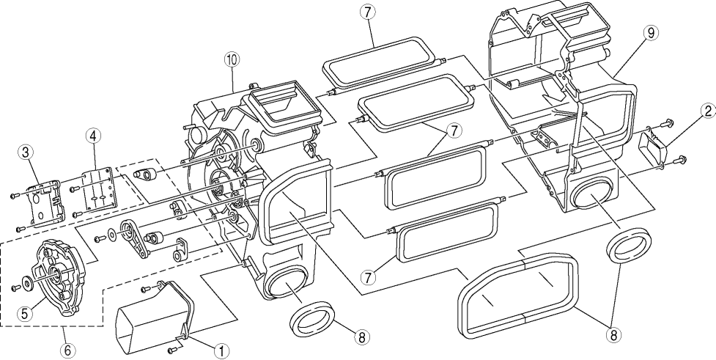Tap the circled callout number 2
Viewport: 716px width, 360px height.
pos(706,111)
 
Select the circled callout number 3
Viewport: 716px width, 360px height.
pos(26,153)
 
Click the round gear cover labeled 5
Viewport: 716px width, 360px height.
pos(53,279)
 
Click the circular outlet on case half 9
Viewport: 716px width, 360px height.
pos(594,195)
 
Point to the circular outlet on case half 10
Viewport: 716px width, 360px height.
pos(283,282)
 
